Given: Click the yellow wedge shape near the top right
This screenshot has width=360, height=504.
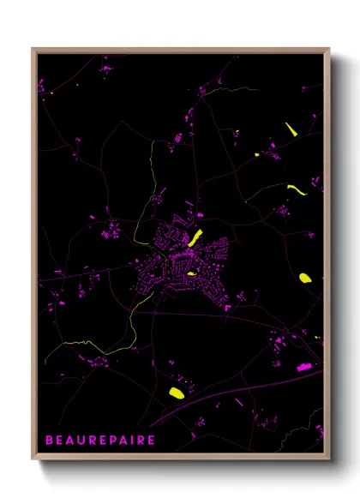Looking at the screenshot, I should [x=290, y=129].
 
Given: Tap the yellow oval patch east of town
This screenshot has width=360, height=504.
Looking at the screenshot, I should [x=304, y=278].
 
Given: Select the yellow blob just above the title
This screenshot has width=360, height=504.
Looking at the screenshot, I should [x=177, y=393].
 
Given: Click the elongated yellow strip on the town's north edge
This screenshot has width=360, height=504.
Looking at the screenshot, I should [x=195, y=237].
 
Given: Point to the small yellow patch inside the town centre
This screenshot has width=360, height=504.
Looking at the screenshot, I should [x=191, y=273].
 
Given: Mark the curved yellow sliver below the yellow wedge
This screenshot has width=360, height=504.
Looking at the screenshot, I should [x=296, y=189].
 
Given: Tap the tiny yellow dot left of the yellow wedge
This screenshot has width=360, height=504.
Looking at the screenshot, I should [x=256, y=154].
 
